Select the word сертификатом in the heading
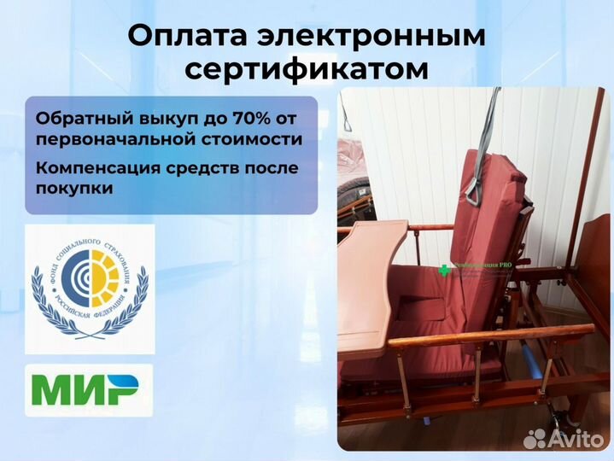tap(307, 69)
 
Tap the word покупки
tap(67, 188)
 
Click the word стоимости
tap(260, 138)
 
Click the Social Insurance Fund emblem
tap(90, 289)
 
